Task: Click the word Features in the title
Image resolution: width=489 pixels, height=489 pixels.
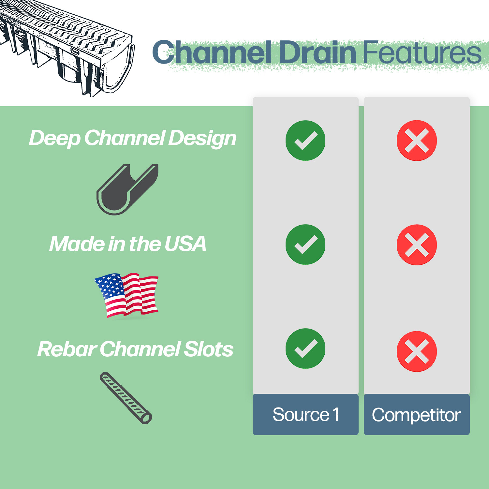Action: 422,53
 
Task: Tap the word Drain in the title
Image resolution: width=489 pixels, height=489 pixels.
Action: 318,53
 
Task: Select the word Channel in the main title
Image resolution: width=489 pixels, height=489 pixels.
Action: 212,53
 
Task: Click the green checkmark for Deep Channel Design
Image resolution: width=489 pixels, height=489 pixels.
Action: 305,141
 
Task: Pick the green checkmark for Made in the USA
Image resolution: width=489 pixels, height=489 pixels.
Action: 305,244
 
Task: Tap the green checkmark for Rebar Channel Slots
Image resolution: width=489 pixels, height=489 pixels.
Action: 305,348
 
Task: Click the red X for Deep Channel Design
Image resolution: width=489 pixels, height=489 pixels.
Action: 417,141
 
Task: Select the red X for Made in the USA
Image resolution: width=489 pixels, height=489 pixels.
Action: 417,244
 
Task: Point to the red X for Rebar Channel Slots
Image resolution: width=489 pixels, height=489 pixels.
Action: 417,351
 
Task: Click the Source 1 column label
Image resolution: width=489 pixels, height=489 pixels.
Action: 305,415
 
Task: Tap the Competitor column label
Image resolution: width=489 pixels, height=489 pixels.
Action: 417,415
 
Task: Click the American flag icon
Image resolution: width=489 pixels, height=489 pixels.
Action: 126,295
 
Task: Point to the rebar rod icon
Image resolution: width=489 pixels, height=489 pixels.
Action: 126,398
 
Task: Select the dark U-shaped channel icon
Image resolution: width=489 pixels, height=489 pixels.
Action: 127,189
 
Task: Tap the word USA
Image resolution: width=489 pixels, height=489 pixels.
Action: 185,244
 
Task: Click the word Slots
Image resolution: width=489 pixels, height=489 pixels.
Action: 209,349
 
